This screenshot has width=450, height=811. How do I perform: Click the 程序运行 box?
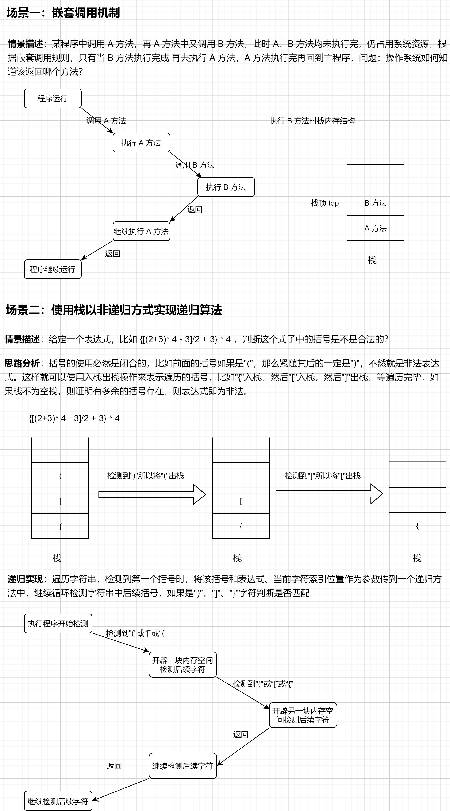coord(53,98)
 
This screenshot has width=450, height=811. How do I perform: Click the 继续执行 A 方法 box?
coord(141,231)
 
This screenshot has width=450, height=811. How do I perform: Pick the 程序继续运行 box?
coord(53,269)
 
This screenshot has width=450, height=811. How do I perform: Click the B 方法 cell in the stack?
coord(375,203)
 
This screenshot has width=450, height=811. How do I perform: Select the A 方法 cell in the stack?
coord(375,228)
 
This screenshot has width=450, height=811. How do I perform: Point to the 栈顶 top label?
coord(325,203)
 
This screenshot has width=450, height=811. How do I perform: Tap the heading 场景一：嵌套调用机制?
coord(63,13)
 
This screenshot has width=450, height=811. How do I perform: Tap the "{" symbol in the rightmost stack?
coord(417,526)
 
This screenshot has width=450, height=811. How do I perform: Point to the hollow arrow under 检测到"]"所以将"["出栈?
coord(329,494)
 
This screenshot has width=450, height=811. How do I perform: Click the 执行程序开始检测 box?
coord(58,623)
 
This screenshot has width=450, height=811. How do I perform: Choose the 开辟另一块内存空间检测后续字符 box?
coord(303,715)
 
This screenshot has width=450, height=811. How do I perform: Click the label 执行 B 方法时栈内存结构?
coord(312,121)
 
